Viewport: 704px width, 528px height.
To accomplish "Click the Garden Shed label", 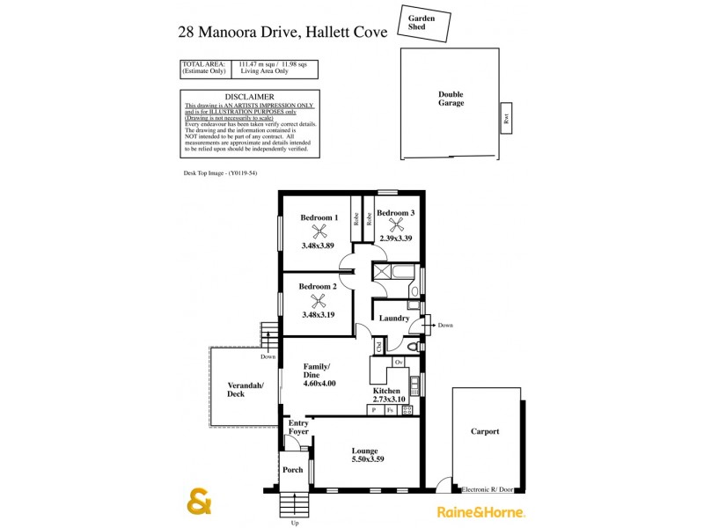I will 422,22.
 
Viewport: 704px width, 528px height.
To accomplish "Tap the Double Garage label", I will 451,99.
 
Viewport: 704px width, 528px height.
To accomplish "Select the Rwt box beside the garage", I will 506,119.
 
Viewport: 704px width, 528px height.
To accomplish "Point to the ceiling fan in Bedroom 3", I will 395,224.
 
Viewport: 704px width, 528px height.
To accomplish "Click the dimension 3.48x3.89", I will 318,246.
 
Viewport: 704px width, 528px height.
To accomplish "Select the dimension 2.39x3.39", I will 396,238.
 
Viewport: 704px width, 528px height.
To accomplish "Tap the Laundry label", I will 394,318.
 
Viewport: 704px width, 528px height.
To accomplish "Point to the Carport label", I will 485,431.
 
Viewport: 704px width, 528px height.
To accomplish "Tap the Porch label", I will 293,469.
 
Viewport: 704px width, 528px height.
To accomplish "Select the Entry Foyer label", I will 299,427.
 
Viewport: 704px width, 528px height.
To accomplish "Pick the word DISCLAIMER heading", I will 249,97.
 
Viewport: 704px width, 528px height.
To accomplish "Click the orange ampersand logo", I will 200,501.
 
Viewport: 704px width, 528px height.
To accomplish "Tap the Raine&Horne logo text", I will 480,510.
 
